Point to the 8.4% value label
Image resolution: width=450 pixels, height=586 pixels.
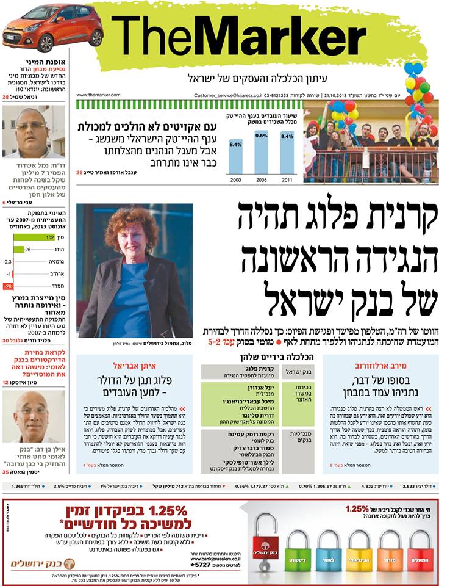coord(235,145)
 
